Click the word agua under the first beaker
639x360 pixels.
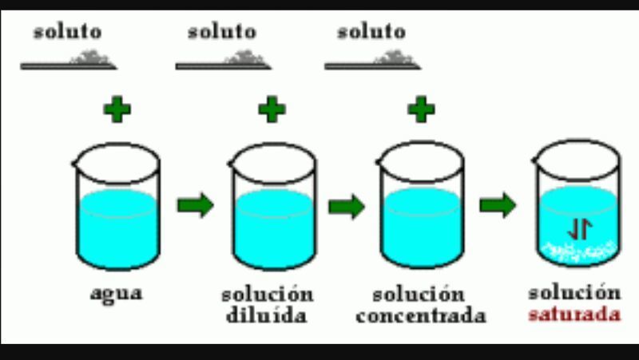116,292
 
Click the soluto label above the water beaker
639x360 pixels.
67,32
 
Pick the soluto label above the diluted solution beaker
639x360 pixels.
221,32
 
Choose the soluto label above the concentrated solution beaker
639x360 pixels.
371,32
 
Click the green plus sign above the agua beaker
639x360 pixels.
117,109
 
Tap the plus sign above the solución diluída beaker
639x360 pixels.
272,109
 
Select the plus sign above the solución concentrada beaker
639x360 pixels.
421,109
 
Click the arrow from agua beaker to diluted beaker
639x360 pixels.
195,205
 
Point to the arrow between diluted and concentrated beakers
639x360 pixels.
347,205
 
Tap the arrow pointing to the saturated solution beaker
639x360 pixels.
497,205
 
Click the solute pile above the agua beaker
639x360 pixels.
95,57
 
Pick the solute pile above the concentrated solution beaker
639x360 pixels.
397,57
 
